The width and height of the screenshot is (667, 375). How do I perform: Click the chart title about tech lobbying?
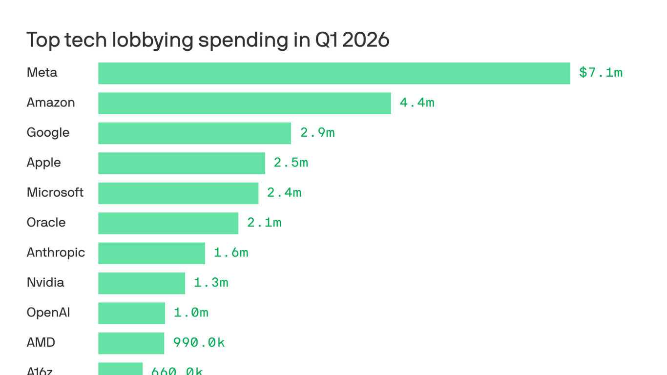click(208, 40)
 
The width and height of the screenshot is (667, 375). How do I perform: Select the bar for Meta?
click(334, 73)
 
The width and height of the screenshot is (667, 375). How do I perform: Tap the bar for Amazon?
click(244, 103)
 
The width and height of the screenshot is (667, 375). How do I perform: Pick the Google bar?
click(194, 133)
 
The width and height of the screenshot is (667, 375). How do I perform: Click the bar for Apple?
click(182, 163)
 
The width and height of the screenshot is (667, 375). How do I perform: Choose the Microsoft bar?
click(178, 193)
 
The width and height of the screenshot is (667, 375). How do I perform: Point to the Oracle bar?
click(168, 223)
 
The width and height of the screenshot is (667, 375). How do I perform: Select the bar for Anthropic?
click(151, 253)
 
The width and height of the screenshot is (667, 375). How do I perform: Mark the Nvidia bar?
click(142, 283)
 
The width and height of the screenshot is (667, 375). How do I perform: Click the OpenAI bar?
click(131, 313)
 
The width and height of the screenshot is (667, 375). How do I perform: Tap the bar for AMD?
click(131, 343)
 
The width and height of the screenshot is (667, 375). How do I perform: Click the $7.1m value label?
click(601, 73)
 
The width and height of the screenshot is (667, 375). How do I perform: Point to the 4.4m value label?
click(417, 103)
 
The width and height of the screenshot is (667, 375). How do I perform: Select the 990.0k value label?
click(199, 343)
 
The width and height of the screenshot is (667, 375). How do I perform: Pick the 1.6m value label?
click(231, 253)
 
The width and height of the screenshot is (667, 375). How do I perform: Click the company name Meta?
click(42, 73)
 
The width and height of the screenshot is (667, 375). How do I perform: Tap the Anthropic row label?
click(56, 253)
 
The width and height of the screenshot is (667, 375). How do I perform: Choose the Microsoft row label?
click(55, 193)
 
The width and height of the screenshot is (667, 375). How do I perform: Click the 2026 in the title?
click(366, 40)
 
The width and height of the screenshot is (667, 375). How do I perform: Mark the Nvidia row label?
click(45, 283)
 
